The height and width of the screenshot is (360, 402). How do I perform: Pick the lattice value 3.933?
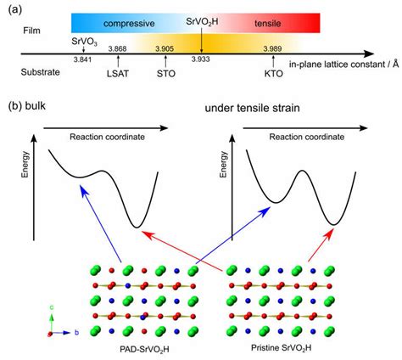202,59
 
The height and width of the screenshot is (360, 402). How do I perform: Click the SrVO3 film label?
82,39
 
